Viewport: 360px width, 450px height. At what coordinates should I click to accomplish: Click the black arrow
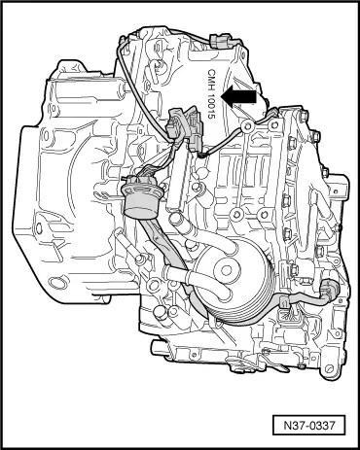(238, 97)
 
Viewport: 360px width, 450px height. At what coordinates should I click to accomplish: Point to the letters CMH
(211, 77)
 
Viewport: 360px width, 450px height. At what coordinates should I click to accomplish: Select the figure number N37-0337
(308, 425)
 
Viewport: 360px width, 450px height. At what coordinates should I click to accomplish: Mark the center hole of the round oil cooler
(227, 270)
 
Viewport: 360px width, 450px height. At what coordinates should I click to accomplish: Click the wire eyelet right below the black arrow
(247, 124)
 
